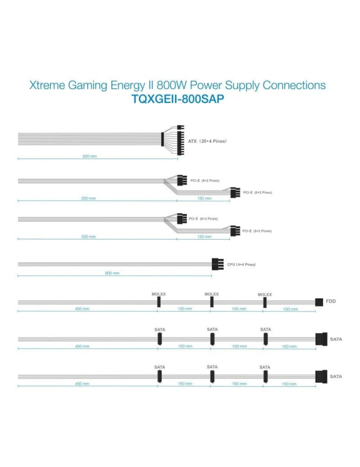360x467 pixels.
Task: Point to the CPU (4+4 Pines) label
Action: (x=241, y=264)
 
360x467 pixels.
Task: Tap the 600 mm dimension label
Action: (x=112, y=273)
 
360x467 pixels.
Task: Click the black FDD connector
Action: (x=319, y=302)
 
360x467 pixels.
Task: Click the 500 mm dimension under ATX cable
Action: (x=90, y=156)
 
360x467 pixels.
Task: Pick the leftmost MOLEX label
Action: (x=159, y=294)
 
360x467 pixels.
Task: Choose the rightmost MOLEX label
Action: (x=265, y=295)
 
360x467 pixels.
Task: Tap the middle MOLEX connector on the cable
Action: (x=212, y=303)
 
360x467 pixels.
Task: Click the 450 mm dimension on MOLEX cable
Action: (x=82, y=308)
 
